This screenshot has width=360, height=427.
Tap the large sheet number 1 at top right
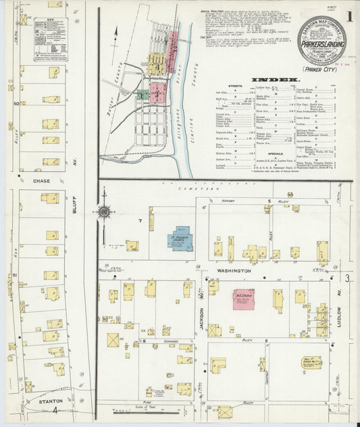pos(348,16)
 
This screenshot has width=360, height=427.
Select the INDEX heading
pos(276,80)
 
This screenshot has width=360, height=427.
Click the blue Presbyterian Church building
pos(180,238)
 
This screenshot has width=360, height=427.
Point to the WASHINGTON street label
pos(233,270)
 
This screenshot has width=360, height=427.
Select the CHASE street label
pos(42,181)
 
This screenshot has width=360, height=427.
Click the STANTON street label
pos(39,401)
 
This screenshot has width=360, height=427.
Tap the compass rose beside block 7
pos(105,212)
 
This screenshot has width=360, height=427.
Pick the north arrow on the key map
pos(115,31)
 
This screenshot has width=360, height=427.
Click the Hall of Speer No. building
pos(311,361)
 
